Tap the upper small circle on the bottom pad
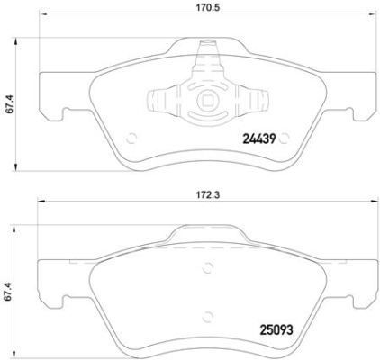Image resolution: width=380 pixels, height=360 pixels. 208,265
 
